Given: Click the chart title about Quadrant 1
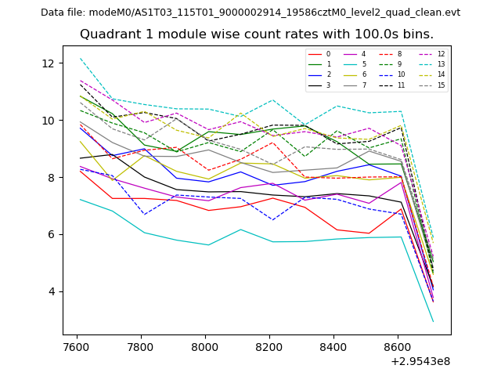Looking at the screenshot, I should click(256, 34).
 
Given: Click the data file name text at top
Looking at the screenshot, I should click(250, 13).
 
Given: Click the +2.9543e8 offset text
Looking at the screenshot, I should click(420, 361).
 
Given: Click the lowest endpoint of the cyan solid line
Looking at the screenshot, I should click(433, 321).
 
